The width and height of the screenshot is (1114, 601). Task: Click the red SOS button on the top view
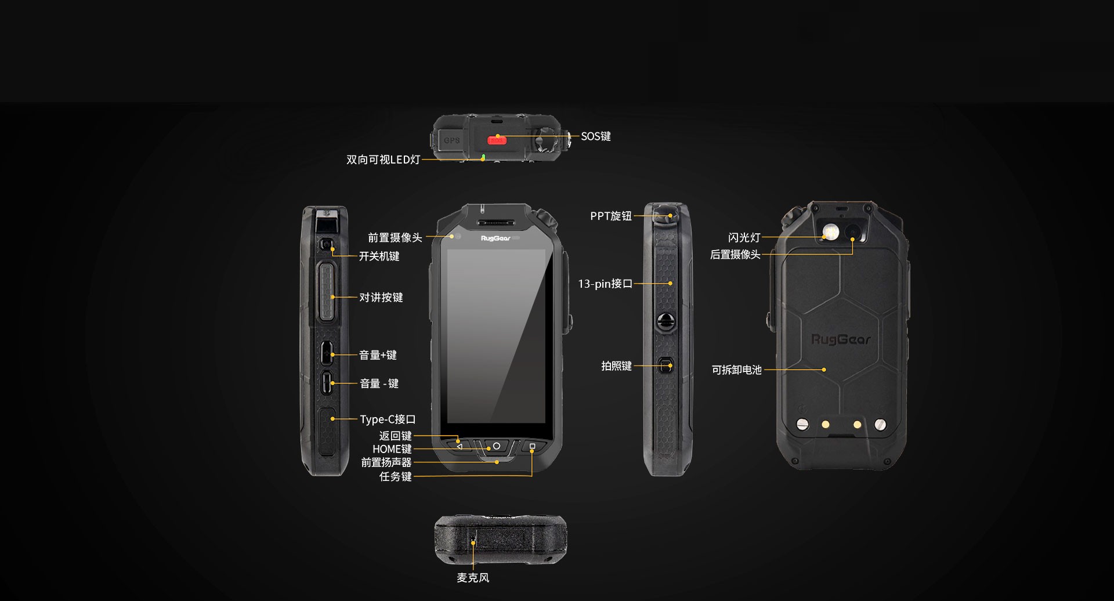(497, 140)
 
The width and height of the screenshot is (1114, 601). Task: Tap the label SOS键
(596, 136)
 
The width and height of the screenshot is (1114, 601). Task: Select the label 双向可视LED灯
(383, 160)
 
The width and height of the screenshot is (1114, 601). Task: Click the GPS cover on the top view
(452, 140)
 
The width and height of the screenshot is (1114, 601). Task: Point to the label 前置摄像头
(395, 238)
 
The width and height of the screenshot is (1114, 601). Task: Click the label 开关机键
(379, 256)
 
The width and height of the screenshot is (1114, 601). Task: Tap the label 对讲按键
(381, 298)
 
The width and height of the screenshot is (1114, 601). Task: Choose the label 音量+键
(378, 355)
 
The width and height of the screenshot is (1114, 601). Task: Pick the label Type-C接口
(388, 419)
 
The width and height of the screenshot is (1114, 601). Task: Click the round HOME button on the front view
(496, 446)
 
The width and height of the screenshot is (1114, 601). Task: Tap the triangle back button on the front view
(460, 447)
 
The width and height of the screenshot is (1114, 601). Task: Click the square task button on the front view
(532, 446)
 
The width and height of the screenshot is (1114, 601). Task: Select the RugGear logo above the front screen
(495, 238)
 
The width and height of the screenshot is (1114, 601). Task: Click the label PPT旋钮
(611, 216)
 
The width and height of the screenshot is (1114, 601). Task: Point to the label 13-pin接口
(605, 284)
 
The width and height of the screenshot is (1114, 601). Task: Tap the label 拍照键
(616, 366)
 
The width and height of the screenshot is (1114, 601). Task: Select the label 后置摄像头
(735, 255)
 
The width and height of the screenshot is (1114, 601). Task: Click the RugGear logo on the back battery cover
(841, 339)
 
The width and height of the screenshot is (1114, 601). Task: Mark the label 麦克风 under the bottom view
(473, 578)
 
